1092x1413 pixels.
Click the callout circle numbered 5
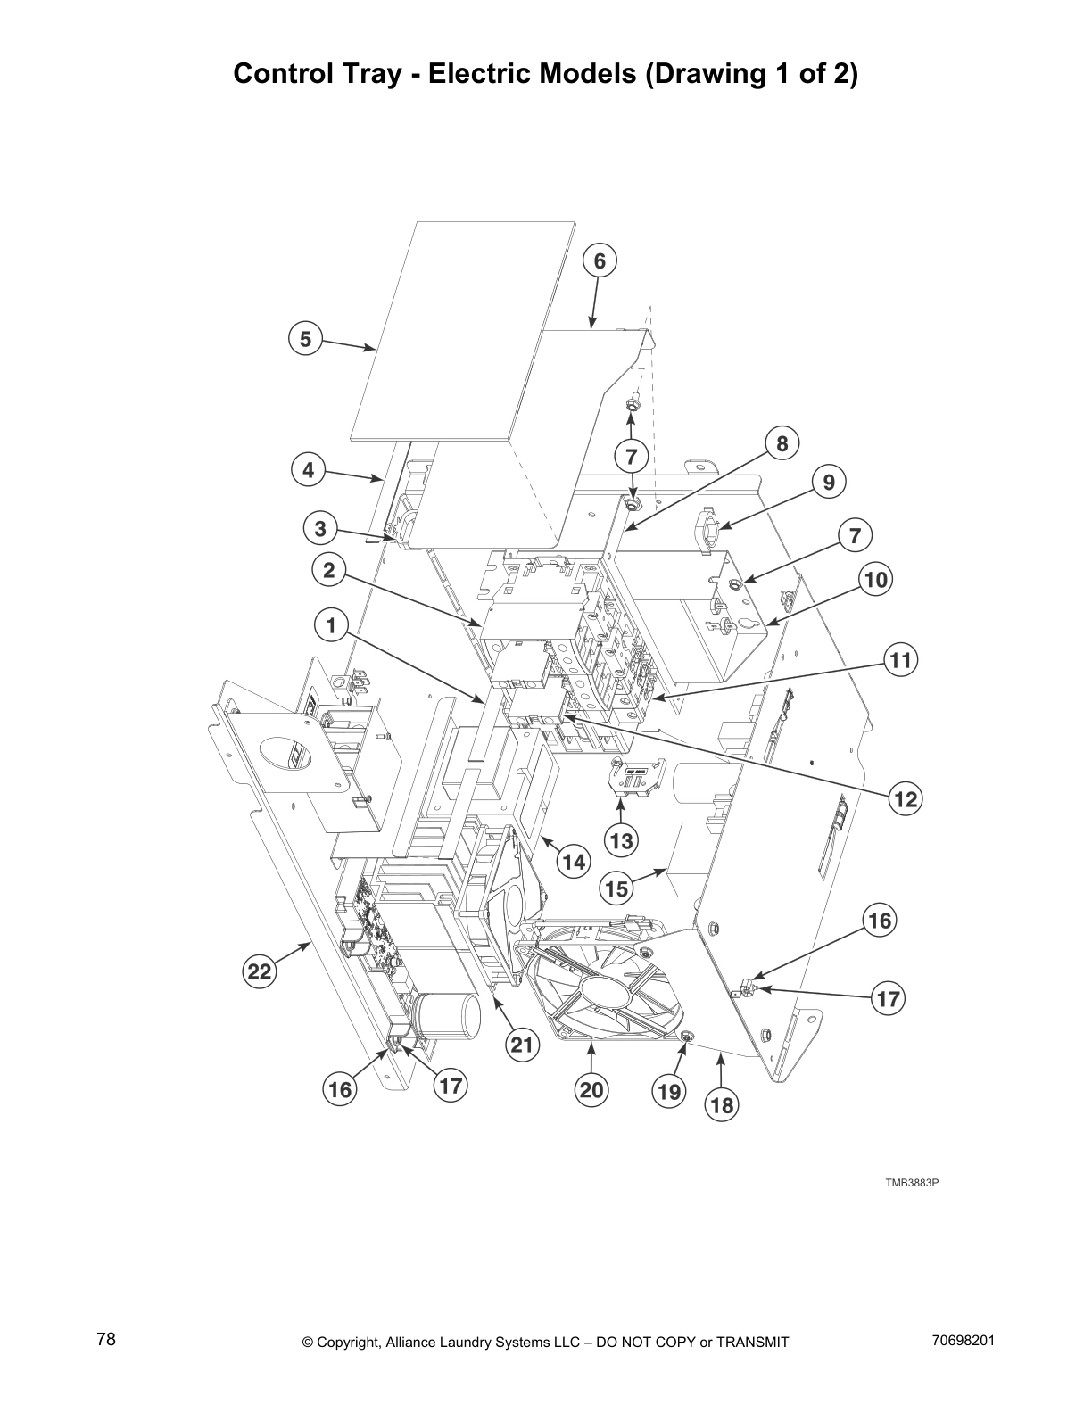coord(305,339)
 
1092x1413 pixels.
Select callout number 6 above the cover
coord(600,260)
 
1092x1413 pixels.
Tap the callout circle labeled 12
coord(906,799)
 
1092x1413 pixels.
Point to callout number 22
coord(259,972)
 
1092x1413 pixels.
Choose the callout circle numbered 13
coord(621,839)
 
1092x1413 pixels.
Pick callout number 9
coord(829,483)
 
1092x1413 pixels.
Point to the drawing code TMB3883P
coord(912,1183)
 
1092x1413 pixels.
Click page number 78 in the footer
coord(106,1339)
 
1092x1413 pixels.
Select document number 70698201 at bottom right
coord(963,1340)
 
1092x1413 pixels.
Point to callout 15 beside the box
coord(616,888)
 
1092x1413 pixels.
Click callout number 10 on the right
coord(875,580)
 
